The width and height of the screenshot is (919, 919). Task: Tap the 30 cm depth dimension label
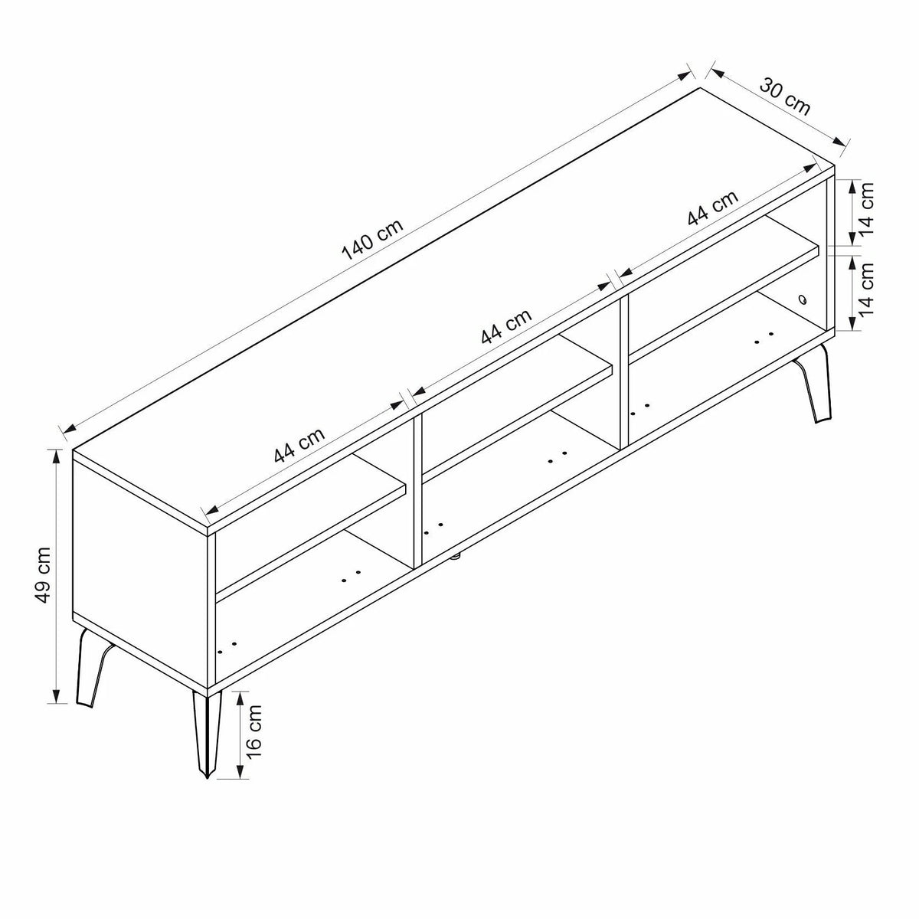click(784, 97)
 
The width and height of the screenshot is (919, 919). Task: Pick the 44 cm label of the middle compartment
click(506, 326)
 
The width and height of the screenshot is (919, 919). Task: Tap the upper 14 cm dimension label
click(866, 208)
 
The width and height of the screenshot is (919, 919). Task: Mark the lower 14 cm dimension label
click(866, 289)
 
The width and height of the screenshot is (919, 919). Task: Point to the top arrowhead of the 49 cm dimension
click(57, 457)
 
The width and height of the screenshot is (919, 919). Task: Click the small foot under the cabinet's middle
click(456, 554)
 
